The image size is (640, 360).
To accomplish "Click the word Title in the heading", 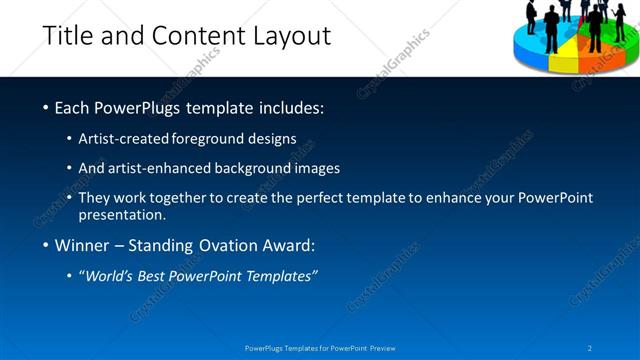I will tap(68, 37).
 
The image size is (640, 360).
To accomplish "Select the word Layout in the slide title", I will tap(290, 37).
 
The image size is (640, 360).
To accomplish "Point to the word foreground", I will tap(226, 139).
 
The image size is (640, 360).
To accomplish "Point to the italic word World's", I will tap(111, 277).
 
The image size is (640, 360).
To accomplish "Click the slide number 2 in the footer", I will tap(591, 348).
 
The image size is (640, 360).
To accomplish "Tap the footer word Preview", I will tap(382, 348).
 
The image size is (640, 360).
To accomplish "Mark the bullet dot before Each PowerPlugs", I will tap(46, 107).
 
